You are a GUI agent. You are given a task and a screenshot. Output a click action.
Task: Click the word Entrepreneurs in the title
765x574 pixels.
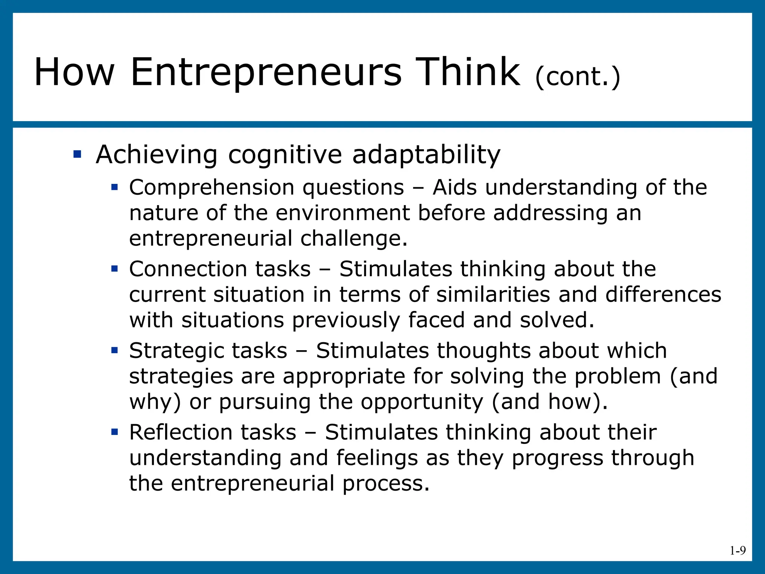tap(266, 72)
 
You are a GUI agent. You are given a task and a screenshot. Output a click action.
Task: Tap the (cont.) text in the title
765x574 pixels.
tap(577, 77)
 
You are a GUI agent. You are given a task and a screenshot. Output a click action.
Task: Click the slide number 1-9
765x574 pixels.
tap(738, 550)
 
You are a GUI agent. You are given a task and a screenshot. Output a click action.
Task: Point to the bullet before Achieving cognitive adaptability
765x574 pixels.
tap(77, 154)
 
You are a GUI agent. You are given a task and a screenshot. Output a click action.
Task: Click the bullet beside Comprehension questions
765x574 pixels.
tap(115, 186)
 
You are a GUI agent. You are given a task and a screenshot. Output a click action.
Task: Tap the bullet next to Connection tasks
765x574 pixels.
tap(115, 268)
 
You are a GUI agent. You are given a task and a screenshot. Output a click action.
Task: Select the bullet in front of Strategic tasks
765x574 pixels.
tap(115, 350)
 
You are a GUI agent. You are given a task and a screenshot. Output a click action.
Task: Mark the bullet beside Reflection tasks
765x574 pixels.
tap(115, 432)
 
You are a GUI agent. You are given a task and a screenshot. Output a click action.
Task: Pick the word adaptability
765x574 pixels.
tap(426, 155)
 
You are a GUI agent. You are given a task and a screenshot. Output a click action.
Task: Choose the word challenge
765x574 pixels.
tap(354, 238)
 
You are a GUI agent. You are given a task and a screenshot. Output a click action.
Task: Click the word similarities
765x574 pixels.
tap(493, 294)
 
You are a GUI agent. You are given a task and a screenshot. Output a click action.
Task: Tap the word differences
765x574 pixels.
tap(663, 294)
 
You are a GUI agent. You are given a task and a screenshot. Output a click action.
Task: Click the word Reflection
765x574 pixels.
tap(180, 432)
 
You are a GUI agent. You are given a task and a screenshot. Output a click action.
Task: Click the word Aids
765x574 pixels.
tap(455, 187)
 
